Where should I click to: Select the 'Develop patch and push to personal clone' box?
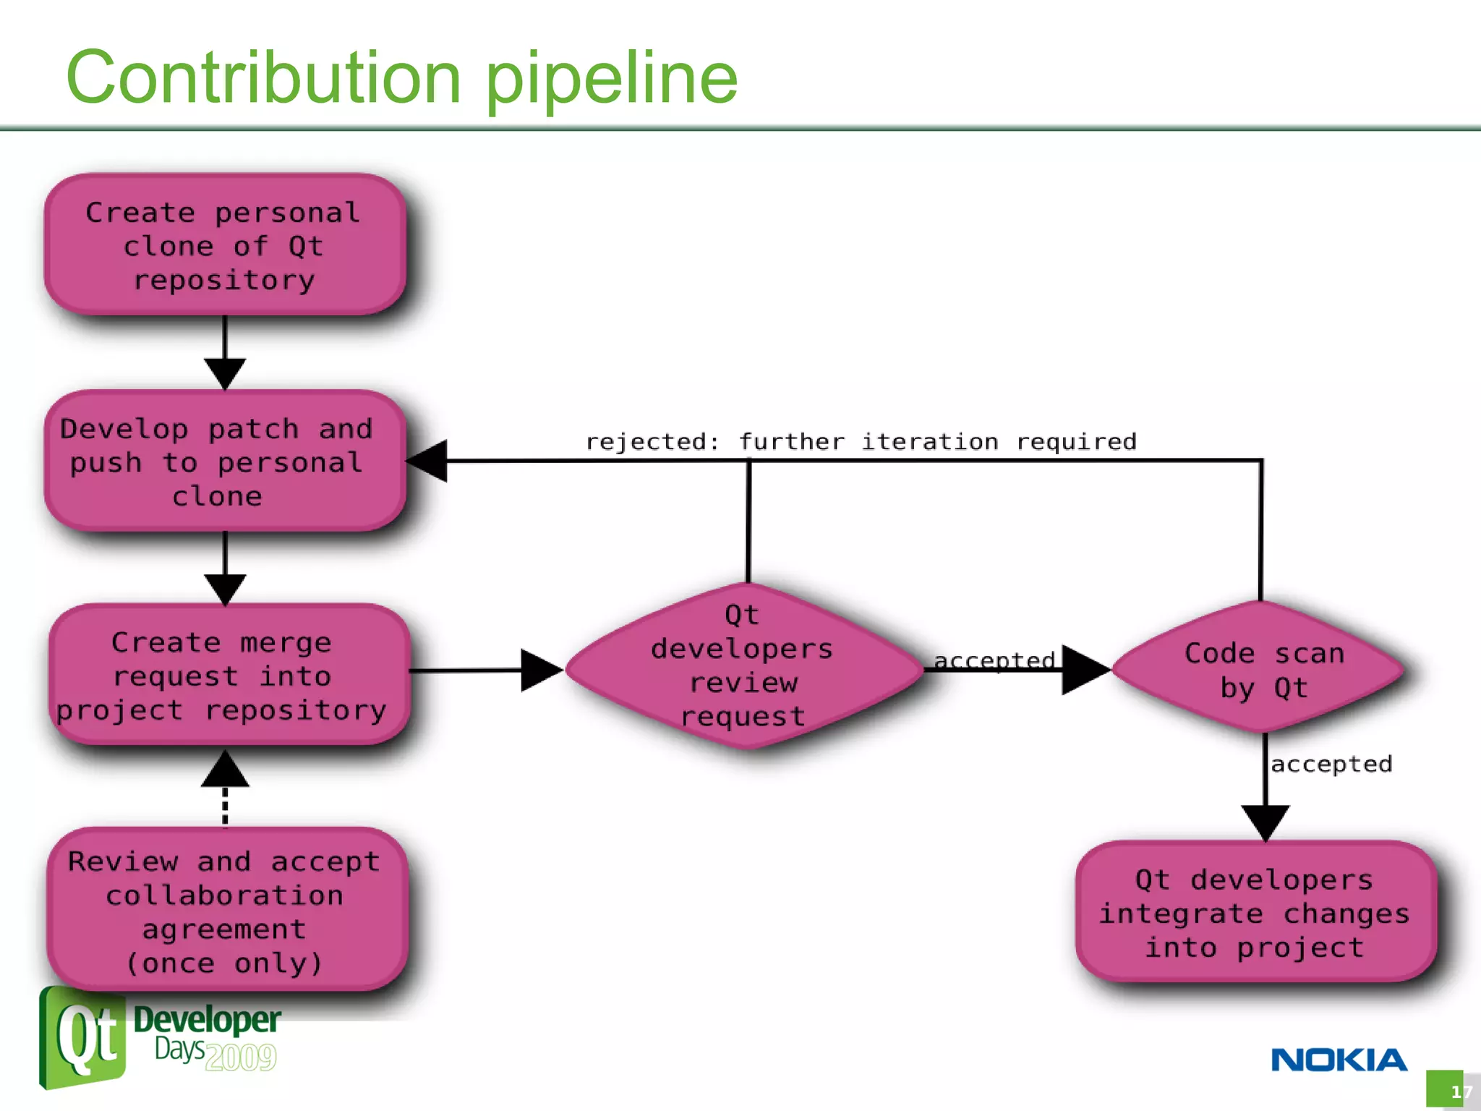(x=224, y=461)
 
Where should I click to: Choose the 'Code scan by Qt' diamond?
(x=1262, y=669)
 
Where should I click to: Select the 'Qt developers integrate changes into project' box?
(x=1255, y=913)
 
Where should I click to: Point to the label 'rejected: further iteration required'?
(x=861, y=441)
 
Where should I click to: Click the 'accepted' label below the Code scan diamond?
(x=1331, y=764)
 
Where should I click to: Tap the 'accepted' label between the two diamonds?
(x=994, y=660)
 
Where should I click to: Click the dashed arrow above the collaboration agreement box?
(x=225, y=796)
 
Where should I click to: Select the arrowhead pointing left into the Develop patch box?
(x=428, y=461)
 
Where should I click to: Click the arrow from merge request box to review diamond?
(x=485, y=671)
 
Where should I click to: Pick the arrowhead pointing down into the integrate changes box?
(x=1265, y=822)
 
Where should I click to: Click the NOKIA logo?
(x=1339, y=1060)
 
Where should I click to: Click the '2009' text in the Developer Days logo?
(x=240, y=1057)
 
